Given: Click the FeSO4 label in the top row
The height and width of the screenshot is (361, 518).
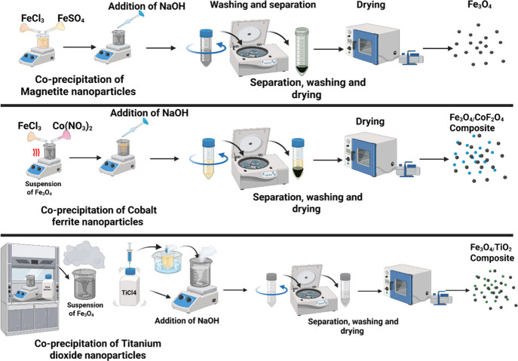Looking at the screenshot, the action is [x=71, y=19].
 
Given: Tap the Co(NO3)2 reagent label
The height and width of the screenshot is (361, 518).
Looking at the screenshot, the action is [x=72, y=126].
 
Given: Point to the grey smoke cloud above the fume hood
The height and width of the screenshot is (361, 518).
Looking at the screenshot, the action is [x=84, y=252].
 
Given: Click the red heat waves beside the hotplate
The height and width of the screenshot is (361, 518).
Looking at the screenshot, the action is [x=36, y=152].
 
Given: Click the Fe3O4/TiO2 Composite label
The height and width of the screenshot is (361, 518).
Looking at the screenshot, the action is [x=492, y=252].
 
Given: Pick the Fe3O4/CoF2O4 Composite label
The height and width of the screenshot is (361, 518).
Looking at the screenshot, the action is [x=477, y=123].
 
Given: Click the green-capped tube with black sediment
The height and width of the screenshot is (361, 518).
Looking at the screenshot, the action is [x=302, y=50].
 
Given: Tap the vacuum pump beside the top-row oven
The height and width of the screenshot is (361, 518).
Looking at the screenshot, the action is [x=412, y=57].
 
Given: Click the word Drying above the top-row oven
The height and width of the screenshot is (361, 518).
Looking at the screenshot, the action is [x=371, y=6].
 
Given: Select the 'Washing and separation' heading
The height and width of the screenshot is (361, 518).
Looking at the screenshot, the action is [x=263, y=5].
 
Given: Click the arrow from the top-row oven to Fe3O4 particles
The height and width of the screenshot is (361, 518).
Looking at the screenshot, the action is [x=438, y=48].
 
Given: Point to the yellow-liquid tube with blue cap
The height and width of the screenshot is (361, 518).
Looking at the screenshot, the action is [x=208, y=158].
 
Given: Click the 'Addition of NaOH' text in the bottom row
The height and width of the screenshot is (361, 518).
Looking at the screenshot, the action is [x=187, y=320].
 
